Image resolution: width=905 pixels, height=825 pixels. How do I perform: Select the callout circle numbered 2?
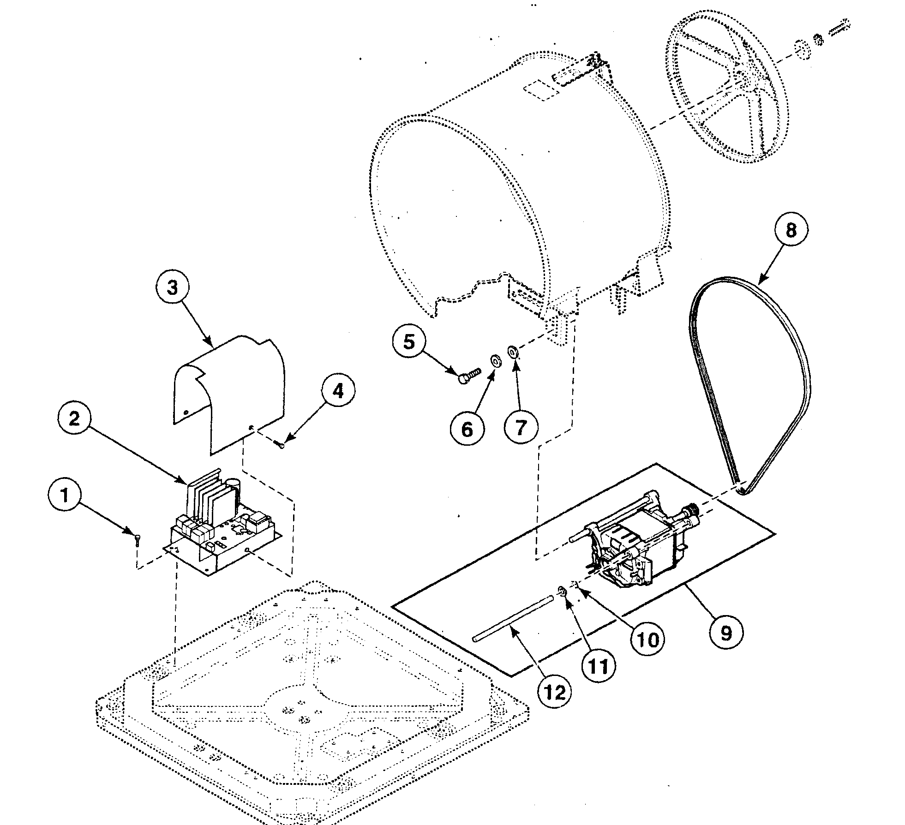[74, 418]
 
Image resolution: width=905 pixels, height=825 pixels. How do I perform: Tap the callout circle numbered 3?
[172, 288]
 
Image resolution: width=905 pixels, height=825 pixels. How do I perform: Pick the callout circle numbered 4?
[338, 391]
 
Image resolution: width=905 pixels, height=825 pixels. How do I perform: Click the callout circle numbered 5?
[409, 342]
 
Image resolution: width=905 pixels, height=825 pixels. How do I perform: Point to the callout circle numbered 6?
[467, 429]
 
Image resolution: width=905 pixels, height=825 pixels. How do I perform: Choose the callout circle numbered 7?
[521, 428]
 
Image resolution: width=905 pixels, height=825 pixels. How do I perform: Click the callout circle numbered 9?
[726, 633]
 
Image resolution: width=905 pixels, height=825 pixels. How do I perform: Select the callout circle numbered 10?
[647, 640]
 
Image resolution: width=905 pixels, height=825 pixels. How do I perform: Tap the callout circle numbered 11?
[599, 666]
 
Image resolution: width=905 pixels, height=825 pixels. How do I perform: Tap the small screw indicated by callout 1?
[138, 539]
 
